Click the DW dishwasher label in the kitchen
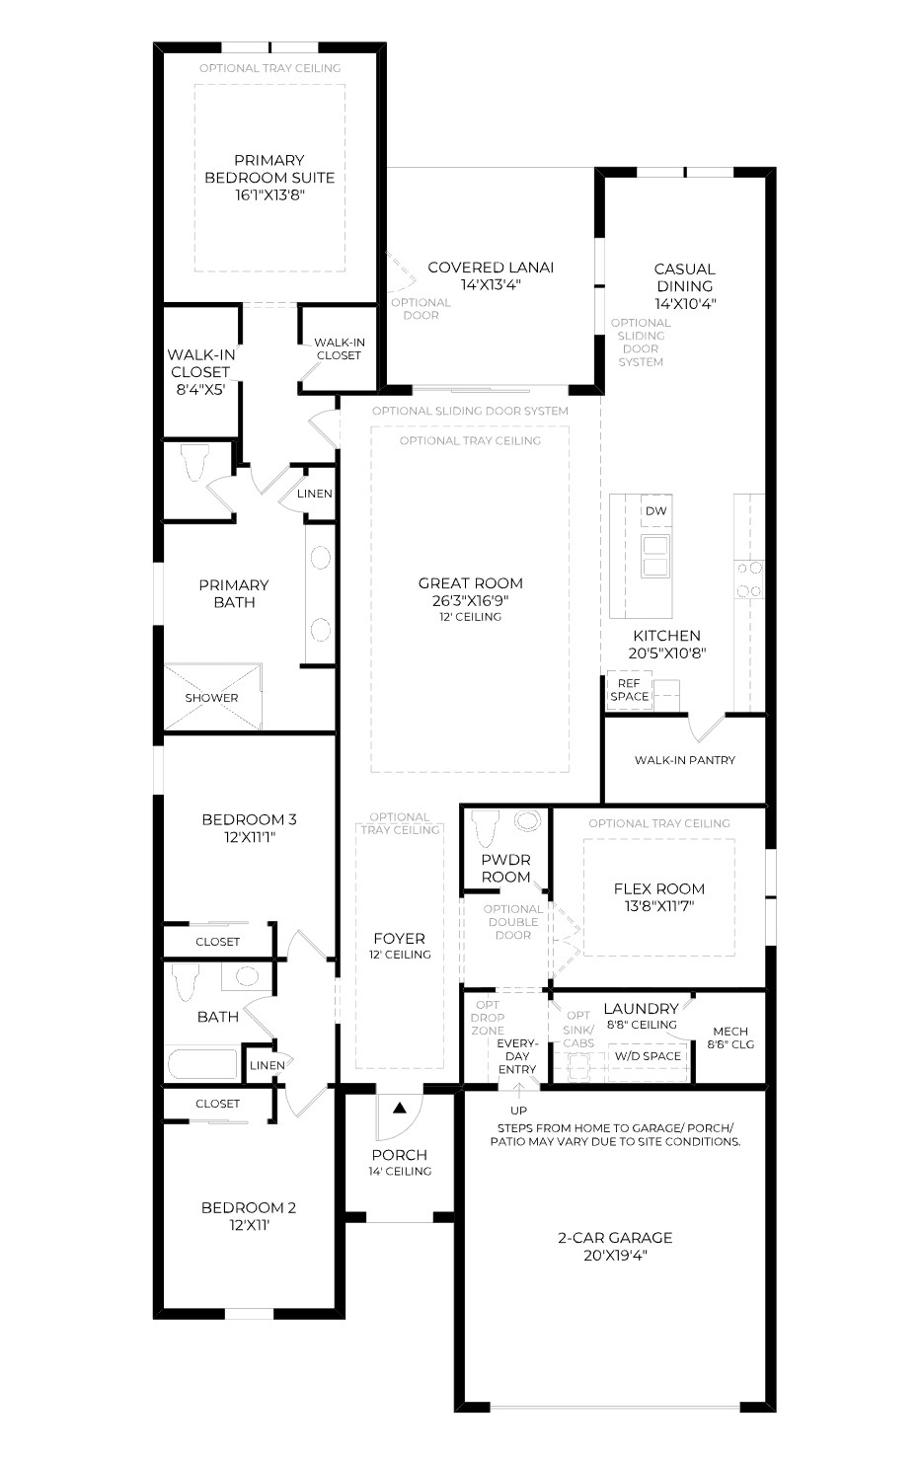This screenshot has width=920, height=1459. [655, 511]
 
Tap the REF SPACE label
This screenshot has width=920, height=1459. [629, 690]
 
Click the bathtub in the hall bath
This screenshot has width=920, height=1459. [202, 1064]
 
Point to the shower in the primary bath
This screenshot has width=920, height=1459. [212, 696]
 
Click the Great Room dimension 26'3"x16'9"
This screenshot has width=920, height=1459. [470, 600]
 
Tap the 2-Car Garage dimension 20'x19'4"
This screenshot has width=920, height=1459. [615, 1255]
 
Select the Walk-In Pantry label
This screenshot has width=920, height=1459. [685, 760]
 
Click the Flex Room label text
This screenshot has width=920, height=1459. [659, 888]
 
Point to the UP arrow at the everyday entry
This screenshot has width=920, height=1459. [519, 1088]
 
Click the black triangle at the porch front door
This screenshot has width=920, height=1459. [400, 1108]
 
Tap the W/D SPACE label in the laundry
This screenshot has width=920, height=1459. [648, 1056]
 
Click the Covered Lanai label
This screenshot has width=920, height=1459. [491, 268]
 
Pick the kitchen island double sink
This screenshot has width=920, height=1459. [655, 556]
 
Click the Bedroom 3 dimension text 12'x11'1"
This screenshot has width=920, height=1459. [250, 837]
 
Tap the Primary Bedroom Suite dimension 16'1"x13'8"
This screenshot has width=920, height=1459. [269, 194]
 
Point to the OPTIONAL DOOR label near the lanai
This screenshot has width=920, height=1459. [421, 309]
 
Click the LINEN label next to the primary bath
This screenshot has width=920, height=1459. [315, 494]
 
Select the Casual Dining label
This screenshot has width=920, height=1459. [684, 277]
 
